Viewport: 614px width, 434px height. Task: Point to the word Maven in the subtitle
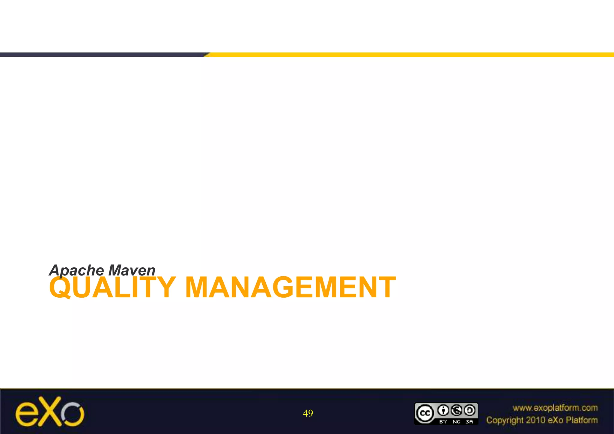132,270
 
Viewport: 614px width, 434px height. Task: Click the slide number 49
308,413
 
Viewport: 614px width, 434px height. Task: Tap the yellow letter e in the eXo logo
26,415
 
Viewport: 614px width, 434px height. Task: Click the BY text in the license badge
443,421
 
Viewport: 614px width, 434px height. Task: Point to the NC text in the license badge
457,421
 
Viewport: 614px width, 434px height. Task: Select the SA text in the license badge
469,421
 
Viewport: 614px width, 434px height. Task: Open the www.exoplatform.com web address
555,408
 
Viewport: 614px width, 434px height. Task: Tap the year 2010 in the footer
535,420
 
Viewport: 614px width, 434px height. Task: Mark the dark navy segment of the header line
102,55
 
